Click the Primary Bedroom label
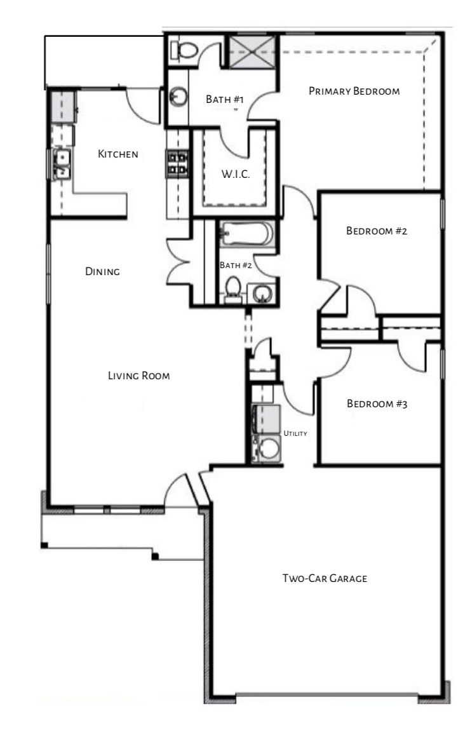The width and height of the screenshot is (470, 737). pyautogui.click(x=354, y=91)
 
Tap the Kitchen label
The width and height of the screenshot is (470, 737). pyautogui.click(x=117, y=154)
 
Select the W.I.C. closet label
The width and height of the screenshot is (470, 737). pyautogui.click(x=236, y=175)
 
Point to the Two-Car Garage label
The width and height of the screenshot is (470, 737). pyautogui.click(x=325, y=579)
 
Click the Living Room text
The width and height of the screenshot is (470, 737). pyautogui.click(x=138, y=376)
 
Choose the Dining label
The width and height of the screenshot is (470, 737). pyautogui.click(x=103, y=272)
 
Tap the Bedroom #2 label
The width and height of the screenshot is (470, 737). pyautogui.click(x=376, y=231)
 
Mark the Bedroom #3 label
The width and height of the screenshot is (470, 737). pyautogui.click(x=376, y=404)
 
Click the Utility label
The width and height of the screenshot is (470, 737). pyautogui.click(x=295, y=434)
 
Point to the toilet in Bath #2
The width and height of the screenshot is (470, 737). pyautogui.click(x=233, y=289)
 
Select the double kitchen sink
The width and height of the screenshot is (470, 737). pyautogui.click(x=62, y=163)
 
